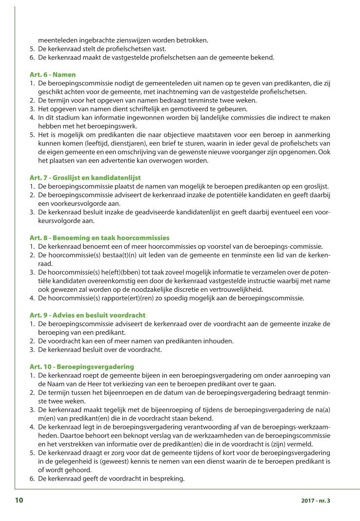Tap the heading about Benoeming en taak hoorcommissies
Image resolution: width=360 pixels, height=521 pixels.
click(x=99, y=238)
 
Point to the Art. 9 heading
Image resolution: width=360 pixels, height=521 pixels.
click(x=87, y=315)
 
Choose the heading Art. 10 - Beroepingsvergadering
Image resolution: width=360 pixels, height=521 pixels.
click(x=81, y=366)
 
